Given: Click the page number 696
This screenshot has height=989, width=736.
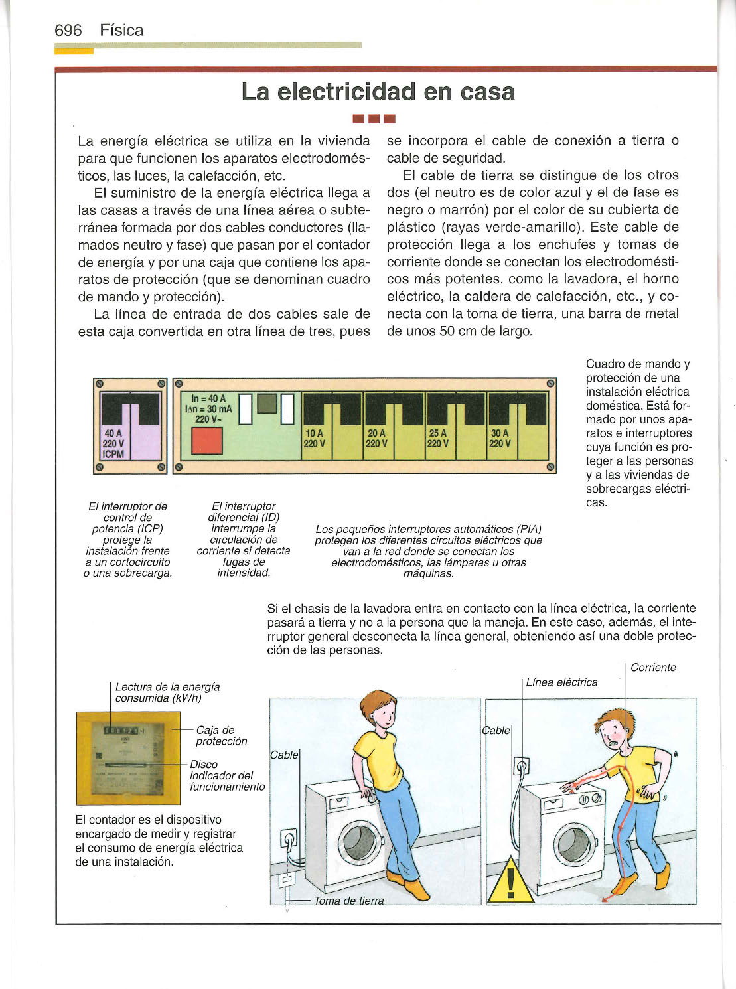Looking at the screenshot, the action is [68, 31].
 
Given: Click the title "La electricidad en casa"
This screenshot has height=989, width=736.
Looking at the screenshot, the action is [378, 92].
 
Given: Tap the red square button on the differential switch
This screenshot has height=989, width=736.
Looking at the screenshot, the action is [207, 441].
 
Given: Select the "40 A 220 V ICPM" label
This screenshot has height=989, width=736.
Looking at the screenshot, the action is [113, 443].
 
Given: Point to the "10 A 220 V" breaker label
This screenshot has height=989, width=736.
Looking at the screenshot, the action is [315, 439].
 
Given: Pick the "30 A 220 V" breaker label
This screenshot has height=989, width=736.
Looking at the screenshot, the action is [500, 439].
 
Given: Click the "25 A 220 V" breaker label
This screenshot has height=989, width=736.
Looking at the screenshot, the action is [438, 439].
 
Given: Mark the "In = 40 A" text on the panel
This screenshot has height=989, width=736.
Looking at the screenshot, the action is [208, 398].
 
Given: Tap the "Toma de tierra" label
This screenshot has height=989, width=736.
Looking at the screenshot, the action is [348, 901].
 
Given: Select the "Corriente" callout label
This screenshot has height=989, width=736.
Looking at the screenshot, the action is [653, 668].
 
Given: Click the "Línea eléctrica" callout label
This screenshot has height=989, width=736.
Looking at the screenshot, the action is [561, 682].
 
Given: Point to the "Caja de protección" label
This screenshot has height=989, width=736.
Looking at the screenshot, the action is [221, 735].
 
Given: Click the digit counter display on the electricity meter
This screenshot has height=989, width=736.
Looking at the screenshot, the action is [121, 730].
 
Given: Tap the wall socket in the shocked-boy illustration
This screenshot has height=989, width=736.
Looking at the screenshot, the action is [521, 767].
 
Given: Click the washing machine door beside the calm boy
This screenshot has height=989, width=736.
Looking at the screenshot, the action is [359, 843].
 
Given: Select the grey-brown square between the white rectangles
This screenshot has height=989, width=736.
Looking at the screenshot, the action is [267, 404].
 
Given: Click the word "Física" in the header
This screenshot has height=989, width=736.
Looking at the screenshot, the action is [121, 31].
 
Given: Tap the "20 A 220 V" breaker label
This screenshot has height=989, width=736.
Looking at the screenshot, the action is [377, 439].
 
